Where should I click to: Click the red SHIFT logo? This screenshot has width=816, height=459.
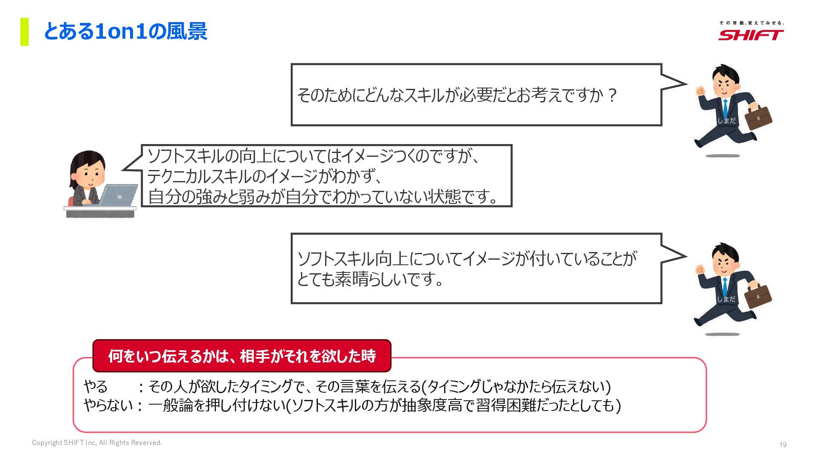click(x=751, y=34)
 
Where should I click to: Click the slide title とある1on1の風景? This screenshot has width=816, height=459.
click(x=125, y=31)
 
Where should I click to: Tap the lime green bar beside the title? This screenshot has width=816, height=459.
click(x=25, y=31)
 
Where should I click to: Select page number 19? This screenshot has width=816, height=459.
click(x=782, y=445)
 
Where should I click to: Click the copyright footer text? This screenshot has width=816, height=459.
click(x=97, y=443)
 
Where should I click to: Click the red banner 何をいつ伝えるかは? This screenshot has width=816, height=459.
click(x=242, y=356)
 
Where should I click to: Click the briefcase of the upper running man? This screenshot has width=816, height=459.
click(x=759, y=116)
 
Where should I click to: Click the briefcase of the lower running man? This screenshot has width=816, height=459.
click(x=759, y=295)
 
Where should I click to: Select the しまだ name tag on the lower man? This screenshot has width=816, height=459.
click(x=726, y=299)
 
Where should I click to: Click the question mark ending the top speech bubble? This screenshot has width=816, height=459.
click(x=612, y=95)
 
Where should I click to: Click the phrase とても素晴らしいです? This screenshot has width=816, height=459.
click(x=370, y=279)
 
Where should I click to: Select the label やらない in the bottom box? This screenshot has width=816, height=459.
click(x=108, y=405)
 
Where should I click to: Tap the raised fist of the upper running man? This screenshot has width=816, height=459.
click(x=700, y=91)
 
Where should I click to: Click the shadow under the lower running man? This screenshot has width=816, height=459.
click(x=722, y=334)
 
